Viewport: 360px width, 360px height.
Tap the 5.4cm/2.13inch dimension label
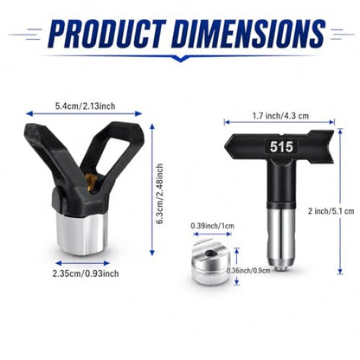pyautogui.click(x=85, y=106)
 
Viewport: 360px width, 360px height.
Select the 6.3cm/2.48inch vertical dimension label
pyautogui.click(x=159, y=194)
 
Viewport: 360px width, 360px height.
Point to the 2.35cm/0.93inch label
pyautogui.click(x=86, y=273)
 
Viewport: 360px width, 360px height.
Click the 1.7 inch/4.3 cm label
pyautogui.click(x=280, y=116)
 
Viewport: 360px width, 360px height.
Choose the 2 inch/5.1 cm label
pyautogui.click(x=331, y=211)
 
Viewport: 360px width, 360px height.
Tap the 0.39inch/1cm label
pyautogui.click(x=212, y=226)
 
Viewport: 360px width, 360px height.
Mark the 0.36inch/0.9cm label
pyautogui.click(x=248, y=270)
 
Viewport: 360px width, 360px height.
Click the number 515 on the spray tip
pyautogui.click(x=281, y=146)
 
